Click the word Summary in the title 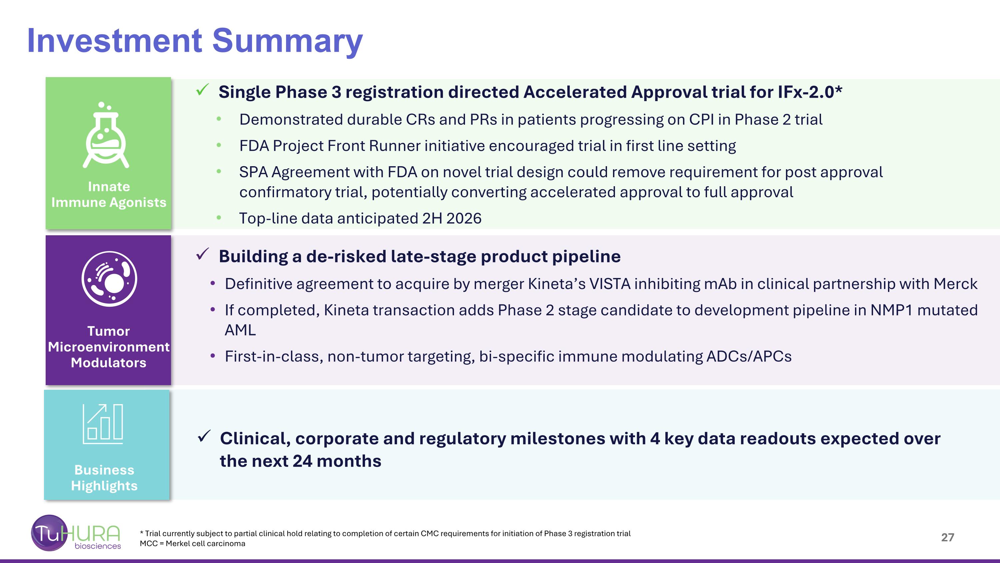click(287, 41)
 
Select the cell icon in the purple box click(109, 279)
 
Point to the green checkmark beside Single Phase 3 click(203, 90)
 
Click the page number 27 click(948, 537)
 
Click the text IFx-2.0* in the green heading click(810, 92)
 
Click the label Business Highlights click(104, 478)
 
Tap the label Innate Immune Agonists click(109, 194)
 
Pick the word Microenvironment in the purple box click(109, 347)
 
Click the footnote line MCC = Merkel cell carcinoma click(193, 544)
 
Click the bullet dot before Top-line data click(219, 218)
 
